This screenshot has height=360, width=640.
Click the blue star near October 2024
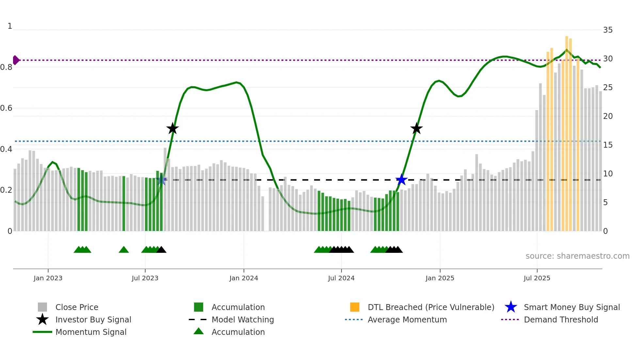[x=401, y=180]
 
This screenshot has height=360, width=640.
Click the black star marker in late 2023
[x=172, y=129]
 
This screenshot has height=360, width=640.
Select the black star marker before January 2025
[x=416, y=129]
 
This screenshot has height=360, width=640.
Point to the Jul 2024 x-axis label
[x=341, y=278]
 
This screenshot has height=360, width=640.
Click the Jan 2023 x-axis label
[x=48, y=278]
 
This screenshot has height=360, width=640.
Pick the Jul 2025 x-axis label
[x=537, y=278]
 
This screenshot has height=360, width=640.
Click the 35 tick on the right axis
[x=608, y=30]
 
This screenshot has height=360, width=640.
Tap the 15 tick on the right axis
[x=608, y=145]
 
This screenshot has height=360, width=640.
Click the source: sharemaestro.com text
[x=577, y=256]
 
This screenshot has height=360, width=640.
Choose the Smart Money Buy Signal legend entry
[x=571, y=307]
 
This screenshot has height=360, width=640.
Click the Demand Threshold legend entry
[x=561, y=319]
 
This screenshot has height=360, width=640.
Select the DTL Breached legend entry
[x=431, y=307]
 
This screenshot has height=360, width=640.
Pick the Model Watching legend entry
[x=243, y=319]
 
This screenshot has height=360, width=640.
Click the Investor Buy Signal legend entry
[x=93, y=319]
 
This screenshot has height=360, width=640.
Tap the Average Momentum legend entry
[x=407, y=319]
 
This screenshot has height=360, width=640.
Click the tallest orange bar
[x=567, y=131]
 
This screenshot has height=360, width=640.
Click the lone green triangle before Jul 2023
[x=124, y=250]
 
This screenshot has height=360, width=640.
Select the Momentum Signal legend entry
[x=91, y=332]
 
